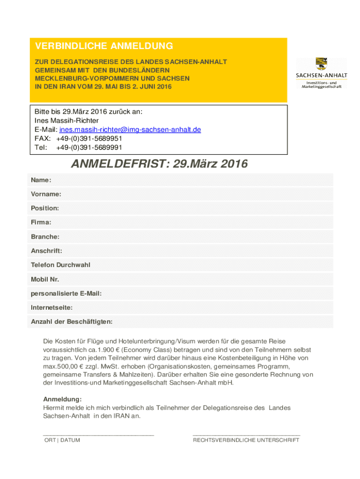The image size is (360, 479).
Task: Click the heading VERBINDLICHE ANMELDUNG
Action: (104, 46)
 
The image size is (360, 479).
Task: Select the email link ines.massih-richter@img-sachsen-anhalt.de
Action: (130, 130)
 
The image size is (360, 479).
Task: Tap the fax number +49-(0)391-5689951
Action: (89, 138)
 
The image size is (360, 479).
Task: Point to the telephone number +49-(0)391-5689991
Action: (89, 147)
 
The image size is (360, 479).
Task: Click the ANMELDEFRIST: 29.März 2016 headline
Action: (159, 164)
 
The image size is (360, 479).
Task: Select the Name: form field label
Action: (41, 180)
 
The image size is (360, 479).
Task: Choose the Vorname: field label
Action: (46, 194)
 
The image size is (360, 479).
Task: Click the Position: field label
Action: (45, 208)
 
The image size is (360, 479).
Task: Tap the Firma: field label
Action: (41, 222)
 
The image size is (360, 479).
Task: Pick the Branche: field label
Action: (45, 237)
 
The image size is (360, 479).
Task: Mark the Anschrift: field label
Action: (46, 251)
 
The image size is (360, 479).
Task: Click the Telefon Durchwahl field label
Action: (60, 265)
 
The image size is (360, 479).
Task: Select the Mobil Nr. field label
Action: (45, 279)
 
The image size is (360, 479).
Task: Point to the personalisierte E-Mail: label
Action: (66, 293)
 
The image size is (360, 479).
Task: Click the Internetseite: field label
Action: (51, 308)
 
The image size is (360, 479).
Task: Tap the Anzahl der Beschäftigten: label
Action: (72, 322)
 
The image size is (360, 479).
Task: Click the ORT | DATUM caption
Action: (62, 440)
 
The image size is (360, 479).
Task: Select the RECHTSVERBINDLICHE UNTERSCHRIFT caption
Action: (246, 440)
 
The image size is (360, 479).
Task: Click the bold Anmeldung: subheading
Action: (62, 399)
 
